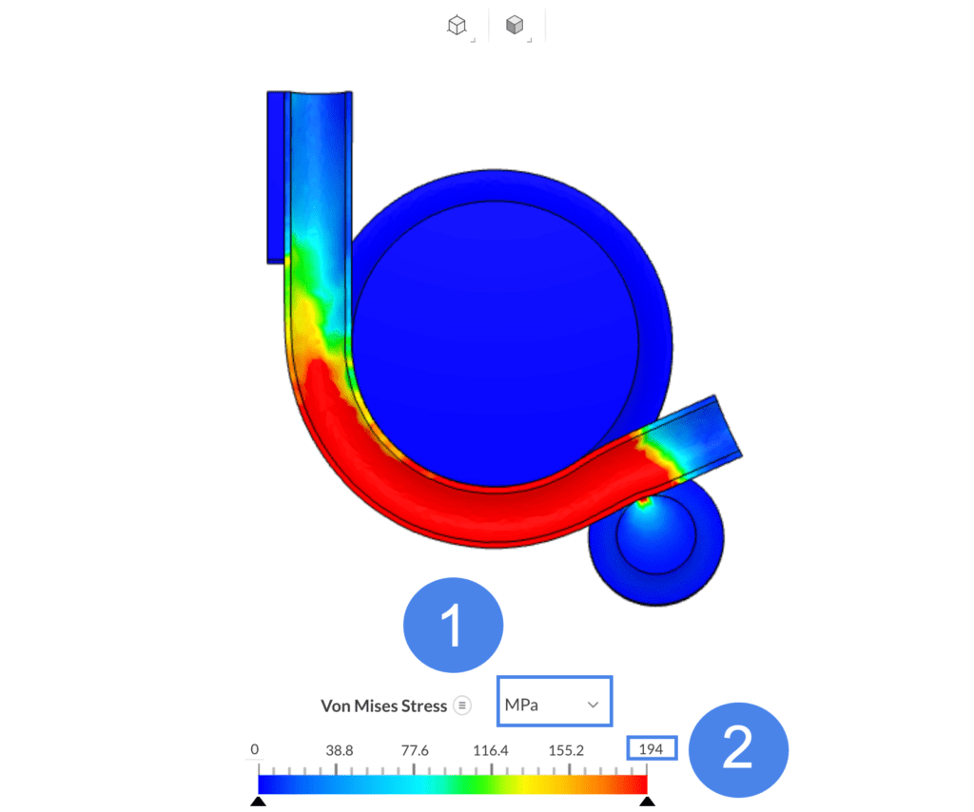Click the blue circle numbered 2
point(738,749)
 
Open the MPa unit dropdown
point(554,705)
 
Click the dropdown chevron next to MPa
point(594,705)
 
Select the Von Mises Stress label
point(383,706)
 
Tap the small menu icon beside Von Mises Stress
point(462,706)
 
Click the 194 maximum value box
point(652,749)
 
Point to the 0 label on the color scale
point(255,749)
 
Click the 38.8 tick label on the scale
point(339,750)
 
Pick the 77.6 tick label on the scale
point(414,750)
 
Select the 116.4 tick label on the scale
point(492,750)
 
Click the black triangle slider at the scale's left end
point(258,802)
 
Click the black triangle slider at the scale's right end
point(648,802)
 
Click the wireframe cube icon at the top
point(457,27)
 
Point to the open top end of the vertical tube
point(320,95)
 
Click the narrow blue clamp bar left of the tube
point(276,176)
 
